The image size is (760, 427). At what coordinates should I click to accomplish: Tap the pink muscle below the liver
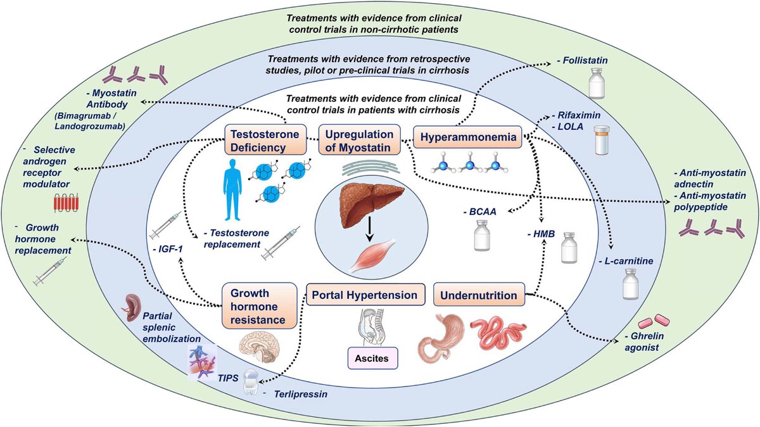(x=373, y=257)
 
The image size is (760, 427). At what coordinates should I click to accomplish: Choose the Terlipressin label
(x=300, y=395)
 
